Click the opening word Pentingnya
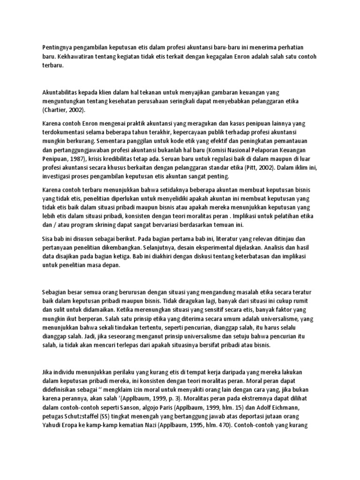coord(57,47)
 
